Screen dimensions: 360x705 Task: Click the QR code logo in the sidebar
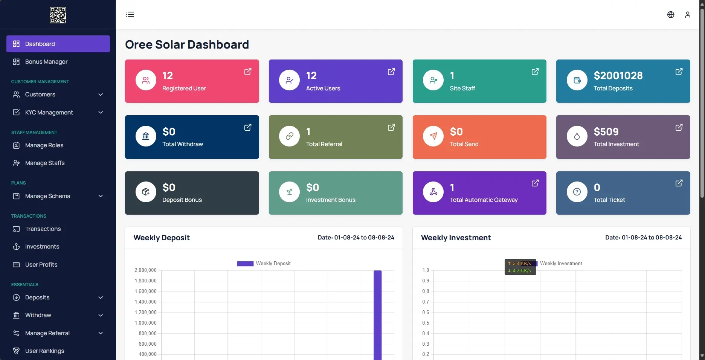tap(58, 15)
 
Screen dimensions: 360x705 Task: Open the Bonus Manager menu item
tap(46, 62)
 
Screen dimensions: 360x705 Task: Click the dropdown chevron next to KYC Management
tap(101, 113)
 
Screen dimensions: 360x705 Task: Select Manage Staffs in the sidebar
tap(44, 163)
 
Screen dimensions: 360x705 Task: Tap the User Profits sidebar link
tap(41, 265)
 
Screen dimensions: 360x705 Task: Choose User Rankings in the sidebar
tap(44, 351)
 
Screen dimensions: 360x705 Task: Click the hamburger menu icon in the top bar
tap(130, 15)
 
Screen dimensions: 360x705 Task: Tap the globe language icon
tap(671, 15)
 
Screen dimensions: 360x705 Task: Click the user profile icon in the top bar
tap(688, 15)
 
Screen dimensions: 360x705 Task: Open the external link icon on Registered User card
tap(248, 72)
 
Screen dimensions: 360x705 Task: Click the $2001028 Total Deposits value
tap(618, 76)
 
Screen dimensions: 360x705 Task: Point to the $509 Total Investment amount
tap(606, 132)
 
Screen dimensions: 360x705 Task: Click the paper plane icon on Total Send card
tap(433, 136)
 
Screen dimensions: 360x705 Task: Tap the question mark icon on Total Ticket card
tap(577, 192)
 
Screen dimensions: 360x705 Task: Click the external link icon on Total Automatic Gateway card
tap(535, 183)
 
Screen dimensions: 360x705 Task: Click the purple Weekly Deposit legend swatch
tap(245, 264)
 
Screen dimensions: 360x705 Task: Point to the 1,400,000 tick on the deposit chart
tap(145, 302)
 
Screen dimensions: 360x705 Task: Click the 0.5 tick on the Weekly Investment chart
tap(426, 323)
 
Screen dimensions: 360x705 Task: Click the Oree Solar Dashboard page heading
tap(187, 45)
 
